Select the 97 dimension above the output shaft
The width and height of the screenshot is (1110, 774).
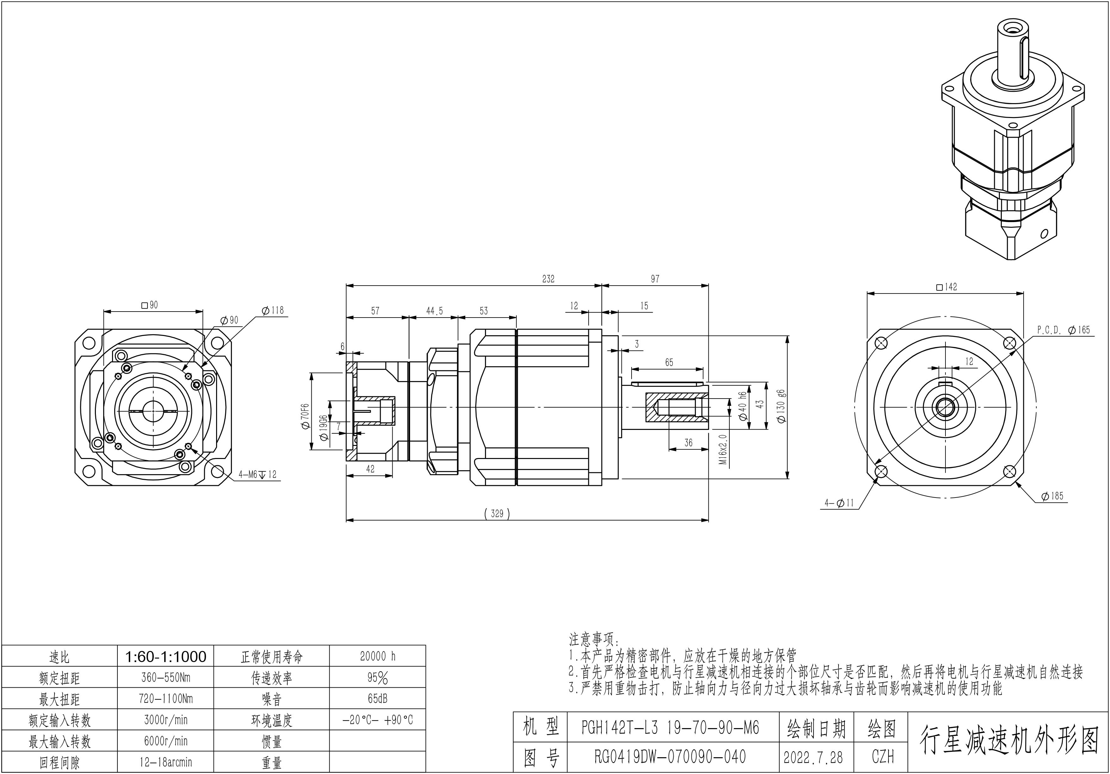tap(655, 279)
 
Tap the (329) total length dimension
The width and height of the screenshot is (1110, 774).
tap(497, 514)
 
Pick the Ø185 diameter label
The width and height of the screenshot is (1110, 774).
tap(1052, 496)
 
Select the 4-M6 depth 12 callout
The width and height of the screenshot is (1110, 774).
tap(257, 474)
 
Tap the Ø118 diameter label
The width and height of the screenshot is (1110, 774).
tap(273, 311)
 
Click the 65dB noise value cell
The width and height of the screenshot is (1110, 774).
tap(377, 699)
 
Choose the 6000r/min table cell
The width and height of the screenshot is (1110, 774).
tap(165, 741)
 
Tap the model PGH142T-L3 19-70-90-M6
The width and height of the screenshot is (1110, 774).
tap(670, 727)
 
